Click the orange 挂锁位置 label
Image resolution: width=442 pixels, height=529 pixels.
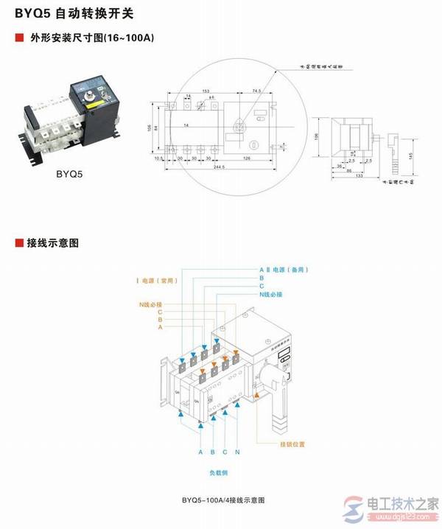(291, 444)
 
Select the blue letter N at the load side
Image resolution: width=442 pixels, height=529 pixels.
(237, 451)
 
